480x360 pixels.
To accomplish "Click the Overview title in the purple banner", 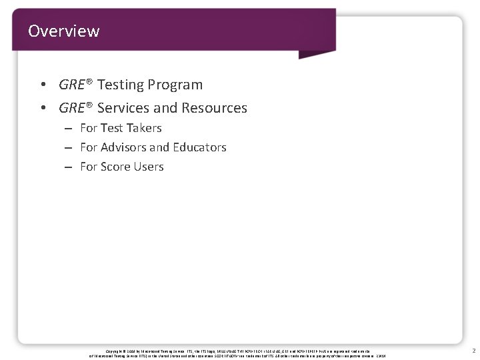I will coord(64,31).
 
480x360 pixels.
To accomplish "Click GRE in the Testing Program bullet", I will coord(71,85).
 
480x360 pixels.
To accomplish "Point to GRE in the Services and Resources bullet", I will coord(71,108).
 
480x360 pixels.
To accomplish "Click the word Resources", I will coord(215,108).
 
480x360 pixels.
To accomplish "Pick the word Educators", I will coord(199,147).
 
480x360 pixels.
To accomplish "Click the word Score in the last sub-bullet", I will coord(115,167).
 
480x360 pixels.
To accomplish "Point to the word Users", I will coord(149,167).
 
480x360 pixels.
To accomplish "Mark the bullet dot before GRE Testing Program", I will coord(43,85).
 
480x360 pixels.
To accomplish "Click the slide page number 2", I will coord(473,351).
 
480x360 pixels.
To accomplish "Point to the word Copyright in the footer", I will coord(116,350).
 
